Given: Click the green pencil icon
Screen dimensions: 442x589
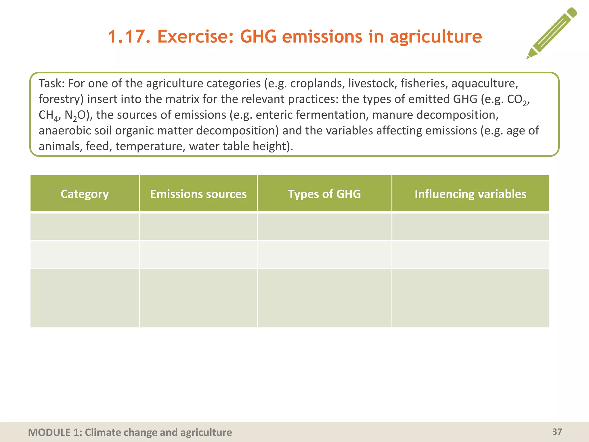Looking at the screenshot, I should (x=552, y=33).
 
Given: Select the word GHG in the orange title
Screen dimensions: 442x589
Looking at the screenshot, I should (x=258, y=37).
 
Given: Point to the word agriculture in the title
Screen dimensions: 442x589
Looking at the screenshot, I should (x=435, y=37).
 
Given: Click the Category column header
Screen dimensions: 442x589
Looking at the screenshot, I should (x=85, y=194).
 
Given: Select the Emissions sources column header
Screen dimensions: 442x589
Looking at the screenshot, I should (x=198, y=194).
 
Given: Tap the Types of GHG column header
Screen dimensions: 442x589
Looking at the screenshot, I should (x=324, y=194).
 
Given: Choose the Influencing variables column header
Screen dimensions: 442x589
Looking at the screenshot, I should (x=471, y=194).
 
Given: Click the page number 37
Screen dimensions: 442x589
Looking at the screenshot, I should (x=557, y=432).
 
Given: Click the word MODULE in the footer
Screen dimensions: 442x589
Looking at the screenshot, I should (x=49, y=432).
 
